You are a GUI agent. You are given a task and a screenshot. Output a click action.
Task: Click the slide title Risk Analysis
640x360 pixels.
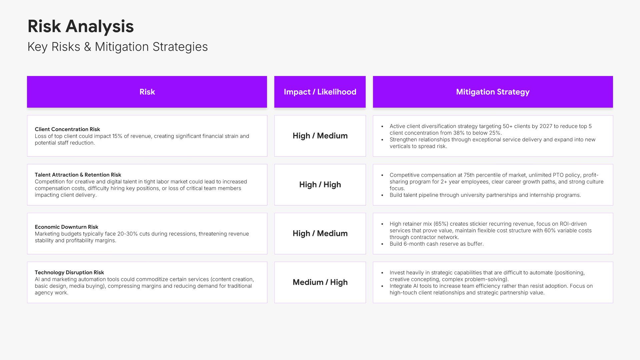point(81,26)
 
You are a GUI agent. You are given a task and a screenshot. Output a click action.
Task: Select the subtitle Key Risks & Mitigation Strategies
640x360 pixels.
point(118,47)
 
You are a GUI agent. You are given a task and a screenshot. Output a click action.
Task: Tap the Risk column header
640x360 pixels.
point(147,92)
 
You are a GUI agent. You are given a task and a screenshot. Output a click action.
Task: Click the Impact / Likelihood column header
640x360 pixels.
point(320,92)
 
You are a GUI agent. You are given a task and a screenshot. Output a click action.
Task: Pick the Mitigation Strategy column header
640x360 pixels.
point(493,92)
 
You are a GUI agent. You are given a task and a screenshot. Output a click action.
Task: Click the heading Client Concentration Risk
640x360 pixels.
point(67,129)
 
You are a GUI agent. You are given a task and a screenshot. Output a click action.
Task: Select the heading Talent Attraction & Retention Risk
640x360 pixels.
point(78,175)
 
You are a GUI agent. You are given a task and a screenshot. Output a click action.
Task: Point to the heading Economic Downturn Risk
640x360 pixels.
point(67,227)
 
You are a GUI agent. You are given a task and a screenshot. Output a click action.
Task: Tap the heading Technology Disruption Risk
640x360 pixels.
point(69,272)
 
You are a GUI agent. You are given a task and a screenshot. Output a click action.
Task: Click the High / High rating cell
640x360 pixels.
point(320,185)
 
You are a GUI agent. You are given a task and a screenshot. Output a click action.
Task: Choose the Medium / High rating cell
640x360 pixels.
point(320,282)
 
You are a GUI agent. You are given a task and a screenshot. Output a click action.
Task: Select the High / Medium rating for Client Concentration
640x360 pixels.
point(320,136)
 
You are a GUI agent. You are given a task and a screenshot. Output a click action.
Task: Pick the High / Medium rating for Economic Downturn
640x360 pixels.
point(320,234)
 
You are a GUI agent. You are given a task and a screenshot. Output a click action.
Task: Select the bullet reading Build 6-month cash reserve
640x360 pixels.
point(437,244)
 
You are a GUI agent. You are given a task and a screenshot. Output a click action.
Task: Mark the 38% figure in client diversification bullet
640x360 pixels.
point(459,133)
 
